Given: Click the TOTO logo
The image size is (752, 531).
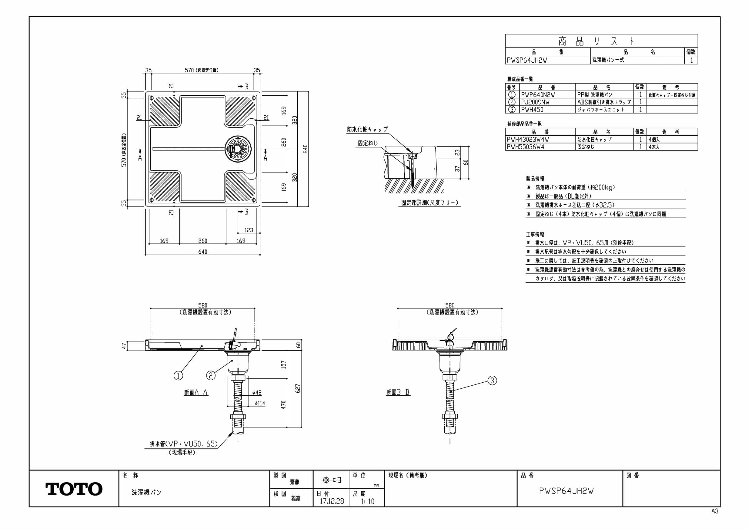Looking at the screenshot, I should click(74, 489).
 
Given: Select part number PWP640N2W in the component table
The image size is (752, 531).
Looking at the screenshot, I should click(538, 95).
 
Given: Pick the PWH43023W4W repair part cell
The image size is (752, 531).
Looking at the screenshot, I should click(528, 139).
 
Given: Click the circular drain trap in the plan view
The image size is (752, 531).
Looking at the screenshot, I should click(238, 149).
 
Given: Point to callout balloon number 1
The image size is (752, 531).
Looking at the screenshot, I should click(178, 375).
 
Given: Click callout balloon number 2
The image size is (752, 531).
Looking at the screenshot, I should click(211, 375).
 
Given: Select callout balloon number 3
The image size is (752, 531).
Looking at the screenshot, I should click(492, 381).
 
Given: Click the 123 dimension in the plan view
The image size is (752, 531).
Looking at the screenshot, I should click(249, 230).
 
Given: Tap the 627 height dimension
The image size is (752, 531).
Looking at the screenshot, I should click(297, 388).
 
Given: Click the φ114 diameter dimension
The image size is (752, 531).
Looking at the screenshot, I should click(259, 404).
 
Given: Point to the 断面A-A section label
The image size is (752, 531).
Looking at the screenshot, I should click(196, 392).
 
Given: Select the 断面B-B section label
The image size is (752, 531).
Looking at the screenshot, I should click(398, 392).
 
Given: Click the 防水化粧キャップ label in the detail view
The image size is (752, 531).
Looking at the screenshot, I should click(367, 129).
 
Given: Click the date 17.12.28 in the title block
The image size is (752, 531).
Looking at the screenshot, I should click(332, 501).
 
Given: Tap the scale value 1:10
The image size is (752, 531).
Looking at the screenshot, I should click(367, 501).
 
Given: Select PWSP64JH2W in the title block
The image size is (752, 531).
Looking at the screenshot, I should click(566, 491).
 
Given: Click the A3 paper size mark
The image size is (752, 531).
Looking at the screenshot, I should click(715, 511).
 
